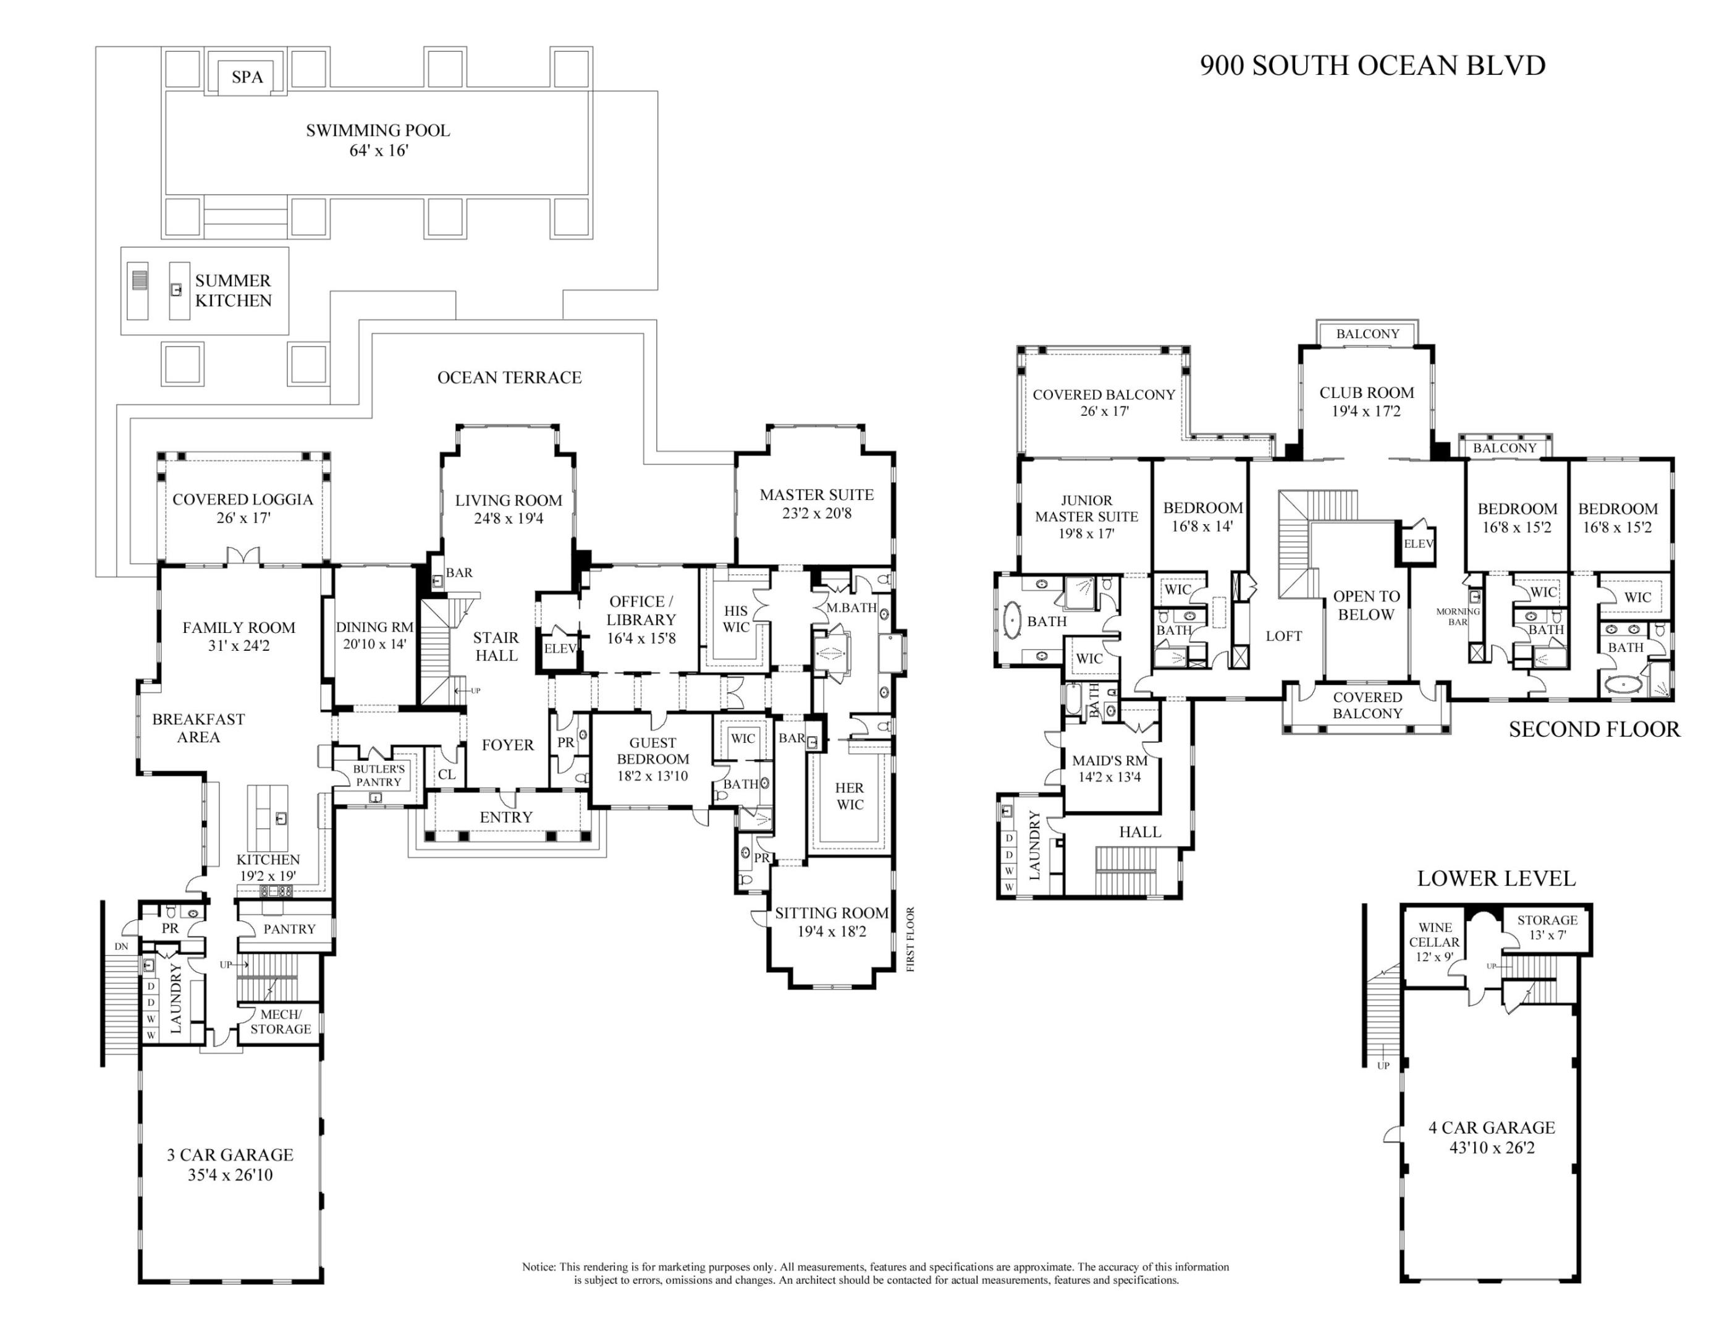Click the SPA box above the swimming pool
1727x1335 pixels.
pyautogui.click(x=247, y=77)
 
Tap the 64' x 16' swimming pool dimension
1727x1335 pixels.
pyautogui.click(x=378, y=150)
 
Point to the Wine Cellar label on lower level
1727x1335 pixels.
pyautogui.click(x=1434, y=935)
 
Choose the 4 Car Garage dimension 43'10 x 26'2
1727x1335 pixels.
pyautogui.click(x=1492, y=1148)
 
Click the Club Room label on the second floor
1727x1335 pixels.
pyautogui.click(x=1366, y=392)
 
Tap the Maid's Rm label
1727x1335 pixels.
pyautogui.click(x=1110, y=761)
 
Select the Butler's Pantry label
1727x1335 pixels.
pyautogui.click(x=379, y=775)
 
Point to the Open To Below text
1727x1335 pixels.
pyautogui.click(x=1366, y=605)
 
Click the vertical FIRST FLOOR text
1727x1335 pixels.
pyautogui.click(x=910, y=939)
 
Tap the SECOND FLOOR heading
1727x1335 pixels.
pyautogui.click(x=1594, y=729)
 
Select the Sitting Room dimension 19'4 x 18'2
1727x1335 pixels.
pyautogui.click(x=831, y=931)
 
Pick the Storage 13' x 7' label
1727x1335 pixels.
pyautogui.click(x=1547, y=927)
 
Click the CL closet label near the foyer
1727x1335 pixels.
pyautogui.click(x=446, y=774)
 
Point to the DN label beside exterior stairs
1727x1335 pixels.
pyautogui.click(x=121, y=946)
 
